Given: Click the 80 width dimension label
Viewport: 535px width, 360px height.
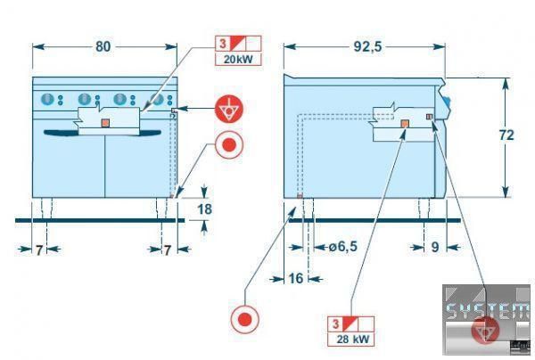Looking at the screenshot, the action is (103, 46).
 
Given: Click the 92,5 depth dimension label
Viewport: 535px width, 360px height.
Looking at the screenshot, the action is (367, 46).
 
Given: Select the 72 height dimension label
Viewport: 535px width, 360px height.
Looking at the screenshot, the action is (506, 135).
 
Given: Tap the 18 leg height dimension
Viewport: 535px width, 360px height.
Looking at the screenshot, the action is (205, 209).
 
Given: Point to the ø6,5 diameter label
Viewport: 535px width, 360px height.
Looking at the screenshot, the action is (343, 246).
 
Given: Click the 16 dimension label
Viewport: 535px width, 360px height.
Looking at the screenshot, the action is (296, 279).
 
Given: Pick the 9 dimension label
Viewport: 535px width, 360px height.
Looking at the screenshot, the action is (435, 247).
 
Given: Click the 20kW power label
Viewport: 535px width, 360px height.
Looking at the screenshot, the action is (238, 60).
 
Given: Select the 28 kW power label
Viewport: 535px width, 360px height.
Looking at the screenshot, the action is (353, 340).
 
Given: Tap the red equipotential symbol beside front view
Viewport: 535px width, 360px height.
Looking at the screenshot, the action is (229, 109).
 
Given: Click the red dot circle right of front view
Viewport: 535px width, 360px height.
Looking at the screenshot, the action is (229, 145).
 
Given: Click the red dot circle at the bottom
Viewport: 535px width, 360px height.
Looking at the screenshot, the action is (244, 319).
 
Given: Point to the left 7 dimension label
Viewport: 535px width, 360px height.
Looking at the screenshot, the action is (39, 250).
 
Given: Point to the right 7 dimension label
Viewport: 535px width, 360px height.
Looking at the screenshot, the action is (167, 250).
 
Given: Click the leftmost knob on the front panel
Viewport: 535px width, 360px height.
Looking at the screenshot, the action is (47, 99).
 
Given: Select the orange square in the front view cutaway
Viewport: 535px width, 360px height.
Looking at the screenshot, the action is (105, 123).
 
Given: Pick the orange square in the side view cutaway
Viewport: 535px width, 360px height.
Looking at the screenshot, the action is (405, 124).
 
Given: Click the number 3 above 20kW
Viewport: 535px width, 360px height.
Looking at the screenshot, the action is (223, 44).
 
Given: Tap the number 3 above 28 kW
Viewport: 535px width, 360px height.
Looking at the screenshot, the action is (336, 323).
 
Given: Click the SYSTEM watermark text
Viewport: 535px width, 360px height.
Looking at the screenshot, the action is (489, 311).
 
